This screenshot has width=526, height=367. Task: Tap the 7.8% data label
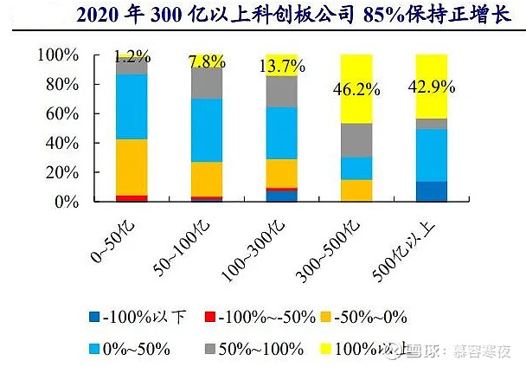pyautogui.click(x=208, y=61)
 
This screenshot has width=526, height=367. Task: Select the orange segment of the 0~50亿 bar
pyautogui.click(x=131, y=167)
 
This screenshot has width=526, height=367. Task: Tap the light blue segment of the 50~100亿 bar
pyautogui.click(x=208, y=130)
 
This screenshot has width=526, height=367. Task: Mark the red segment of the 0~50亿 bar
pyautogui.click(x=131, y=198)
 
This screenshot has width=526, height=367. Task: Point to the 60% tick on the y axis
pyautogui.click(x=61, y=114)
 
